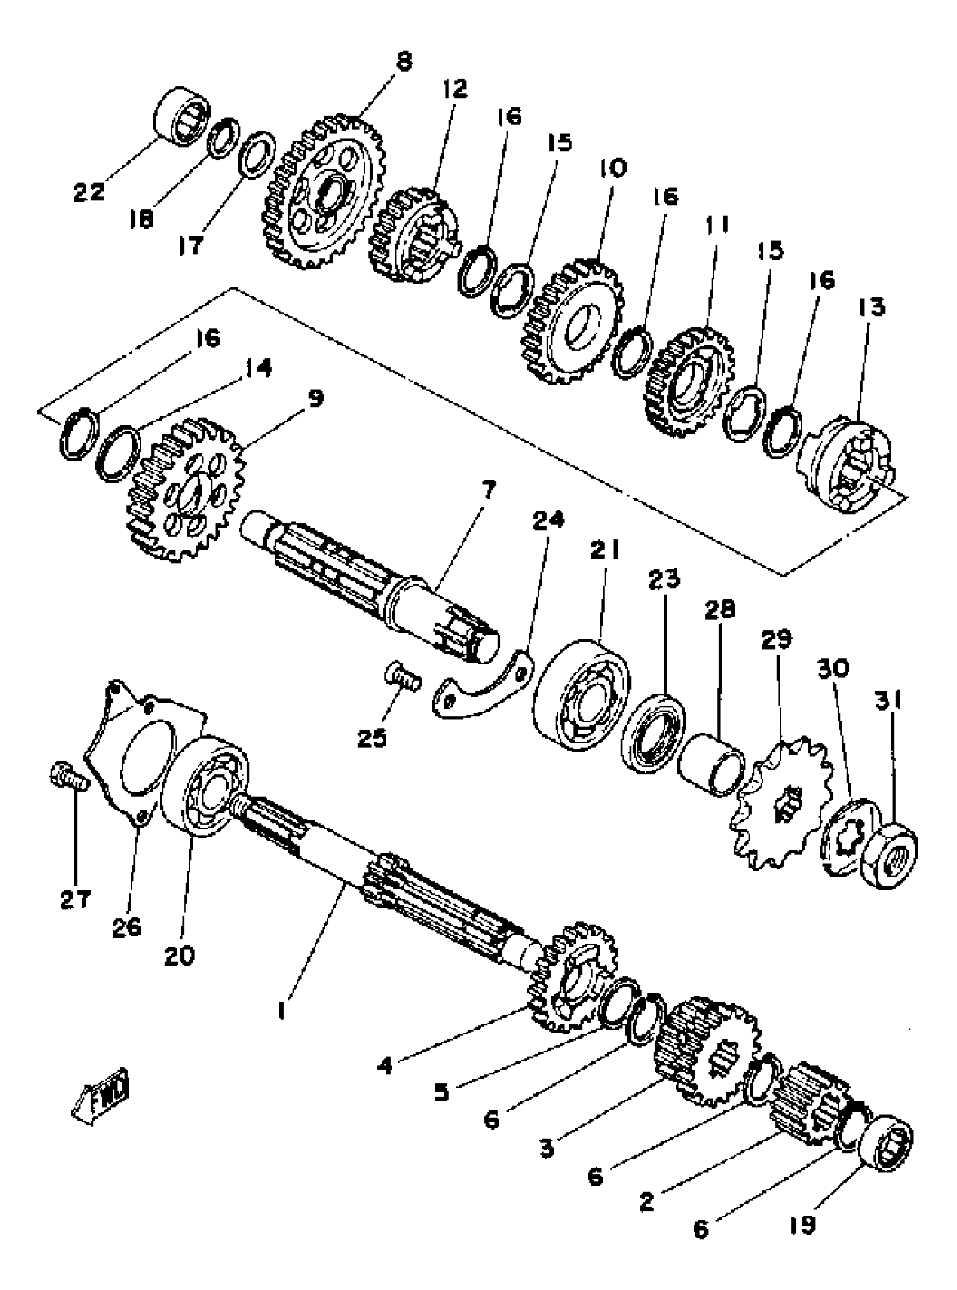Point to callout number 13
872,307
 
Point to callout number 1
281,1011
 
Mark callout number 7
489,490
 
